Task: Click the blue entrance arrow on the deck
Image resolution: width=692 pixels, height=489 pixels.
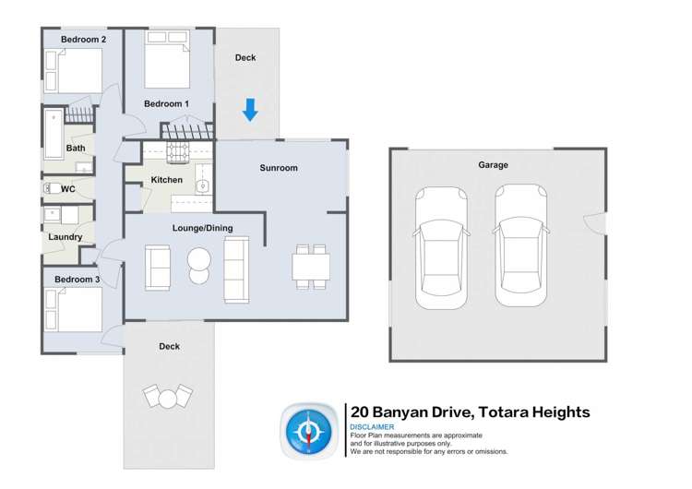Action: point(249,110)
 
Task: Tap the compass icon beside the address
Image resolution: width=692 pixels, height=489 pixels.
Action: point(310,430)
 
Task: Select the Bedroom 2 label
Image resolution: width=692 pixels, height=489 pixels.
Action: point(83,40)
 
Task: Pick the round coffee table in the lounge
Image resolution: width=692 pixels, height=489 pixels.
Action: point(199,264)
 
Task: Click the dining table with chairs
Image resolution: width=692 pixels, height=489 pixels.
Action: point(311,267)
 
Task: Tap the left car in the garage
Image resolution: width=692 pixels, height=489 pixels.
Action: point(441,246)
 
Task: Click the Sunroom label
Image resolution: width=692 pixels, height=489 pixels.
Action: point(278,168)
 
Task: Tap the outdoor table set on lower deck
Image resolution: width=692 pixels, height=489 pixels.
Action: point(167,397)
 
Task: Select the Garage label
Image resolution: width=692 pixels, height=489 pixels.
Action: point(493,165)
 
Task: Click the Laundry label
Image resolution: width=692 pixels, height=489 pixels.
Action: point(66,237)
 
